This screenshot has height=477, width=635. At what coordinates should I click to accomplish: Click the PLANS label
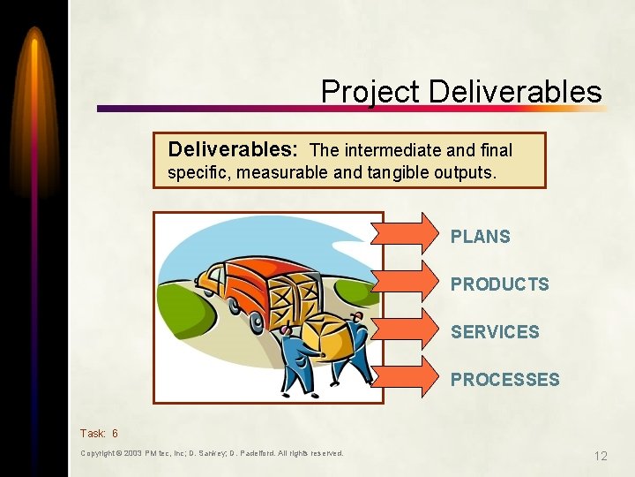pos(481,237)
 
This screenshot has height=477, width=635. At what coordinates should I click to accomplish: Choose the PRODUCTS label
pos(500,284)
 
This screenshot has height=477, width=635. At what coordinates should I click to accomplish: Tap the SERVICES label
pos(495,332)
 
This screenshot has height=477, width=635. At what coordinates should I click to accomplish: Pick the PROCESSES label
pos(505,380)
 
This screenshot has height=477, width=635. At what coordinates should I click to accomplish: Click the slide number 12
pos(601,456)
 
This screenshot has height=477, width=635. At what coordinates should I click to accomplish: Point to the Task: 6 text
pos(99,434)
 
